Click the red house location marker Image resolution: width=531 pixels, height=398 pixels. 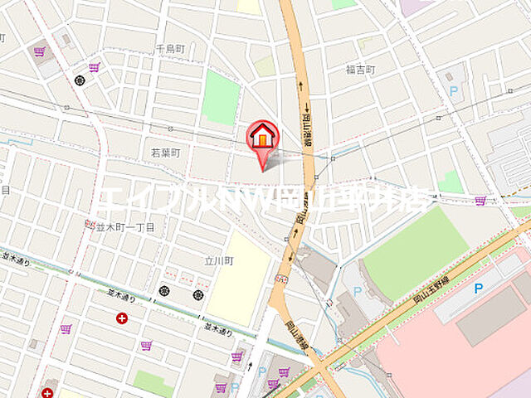[x=263, y=136]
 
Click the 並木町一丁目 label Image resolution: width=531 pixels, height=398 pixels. [x=125, y=226]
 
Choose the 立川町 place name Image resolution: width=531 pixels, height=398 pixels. [x=219, y=260]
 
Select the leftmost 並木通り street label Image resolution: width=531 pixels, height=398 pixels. [x=14, y=260]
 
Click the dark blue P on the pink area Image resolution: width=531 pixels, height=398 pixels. [x=478, y=289]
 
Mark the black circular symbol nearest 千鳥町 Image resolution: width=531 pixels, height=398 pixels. [x=80, y=80]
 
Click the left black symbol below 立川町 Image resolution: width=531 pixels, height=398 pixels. [x=164, y=290]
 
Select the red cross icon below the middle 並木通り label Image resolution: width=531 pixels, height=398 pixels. [x=122, y=318]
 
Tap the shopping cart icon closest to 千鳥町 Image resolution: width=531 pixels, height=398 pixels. [x=94, y=67]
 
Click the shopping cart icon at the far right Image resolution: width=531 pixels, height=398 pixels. [x=480, y=201]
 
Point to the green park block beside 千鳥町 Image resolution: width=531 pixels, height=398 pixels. [x=221, y=97]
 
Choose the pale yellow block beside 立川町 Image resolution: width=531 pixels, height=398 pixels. [x=239, y=278]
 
